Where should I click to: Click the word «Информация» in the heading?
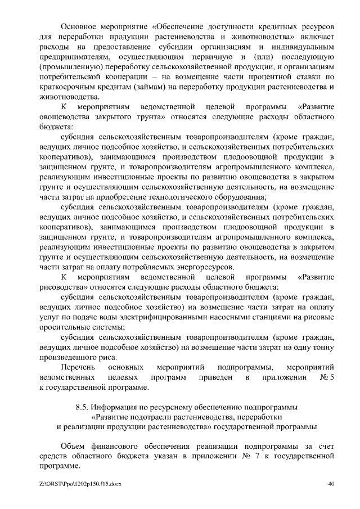click(x=118, y=407)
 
